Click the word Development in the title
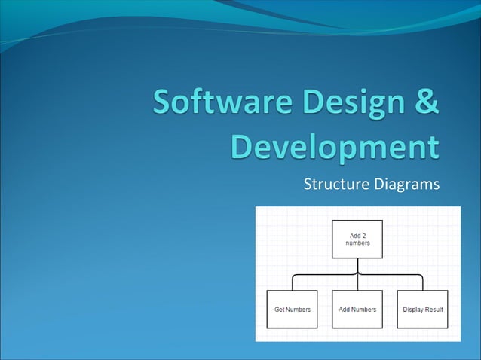[335, 146]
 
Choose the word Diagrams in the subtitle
[406, 184]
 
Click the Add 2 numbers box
[358, 239]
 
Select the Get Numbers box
[293, 309]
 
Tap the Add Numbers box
[358, 309]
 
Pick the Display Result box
[423, 309]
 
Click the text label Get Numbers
[293, 310]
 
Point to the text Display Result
[423, 310]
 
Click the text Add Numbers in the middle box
[358, 310]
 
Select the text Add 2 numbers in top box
[358, 239]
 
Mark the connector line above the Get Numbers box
[293, 282]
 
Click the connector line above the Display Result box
[423, 282]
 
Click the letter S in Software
[164, 103]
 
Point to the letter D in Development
[244, 146]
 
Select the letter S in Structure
[307, 184]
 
